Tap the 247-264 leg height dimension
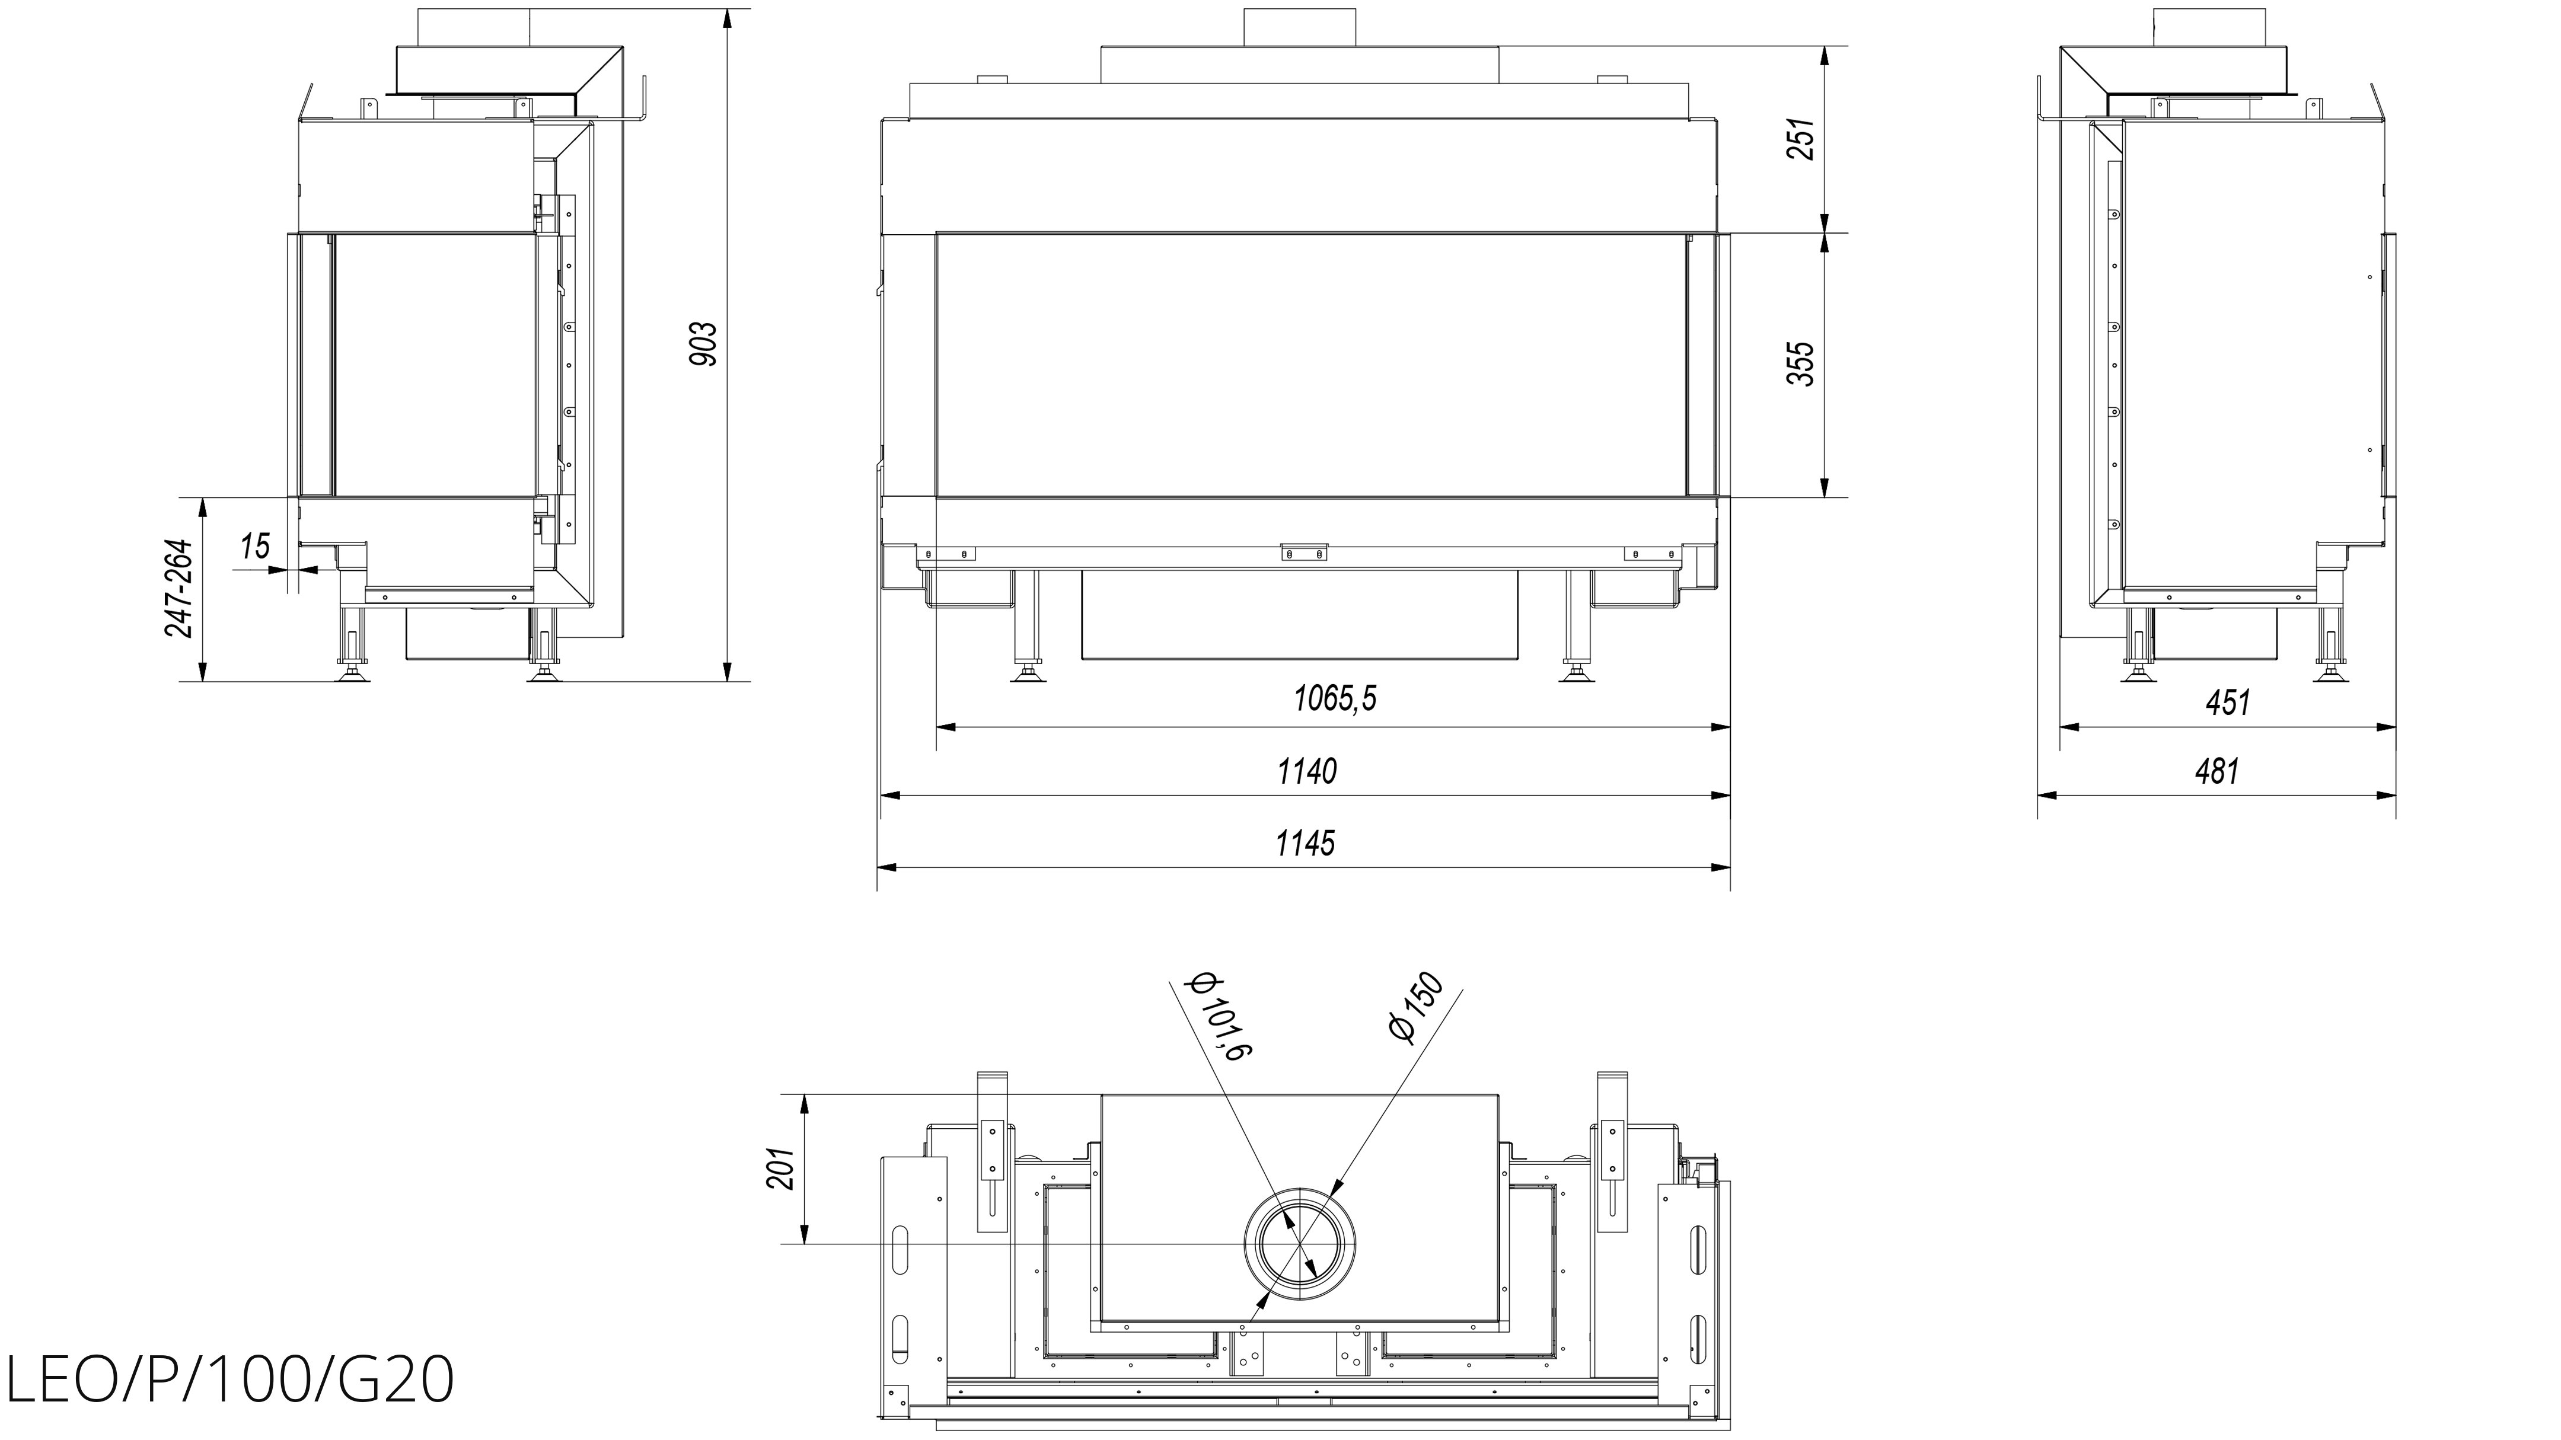[179, 588]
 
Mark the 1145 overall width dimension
[1305, 844]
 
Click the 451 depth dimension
[2227, 703]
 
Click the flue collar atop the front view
[1299, 27]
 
